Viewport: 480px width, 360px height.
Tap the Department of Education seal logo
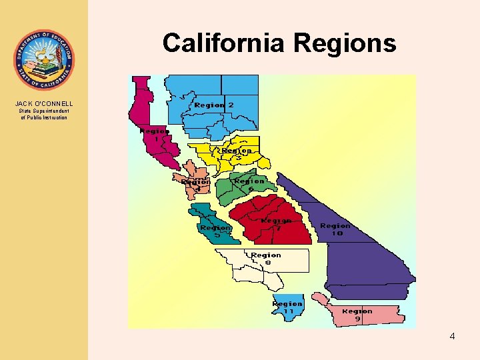click(43, 60)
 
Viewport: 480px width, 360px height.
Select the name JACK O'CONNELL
click(44, 103)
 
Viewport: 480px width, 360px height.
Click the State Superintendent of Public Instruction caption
click(44, 114)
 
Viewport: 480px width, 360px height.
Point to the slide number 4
click(452, 336)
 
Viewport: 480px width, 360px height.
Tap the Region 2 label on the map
click(214, 105)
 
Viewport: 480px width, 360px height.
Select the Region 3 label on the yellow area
click(237, 154)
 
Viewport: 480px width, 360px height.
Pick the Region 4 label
click(196, 185)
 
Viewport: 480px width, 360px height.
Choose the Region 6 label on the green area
click(249, 184)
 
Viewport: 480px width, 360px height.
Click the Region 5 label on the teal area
click(215, 231)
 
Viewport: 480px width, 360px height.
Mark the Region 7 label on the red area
click(276, 224)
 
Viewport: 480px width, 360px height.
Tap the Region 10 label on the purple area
click(335, 229)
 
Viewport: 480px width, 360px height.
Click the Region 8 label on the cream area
click(266, 259)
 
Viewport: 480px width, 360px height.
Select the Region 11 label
click(287, 307)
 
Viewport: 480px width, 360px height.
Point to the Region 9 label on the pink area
click(357, 315)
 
